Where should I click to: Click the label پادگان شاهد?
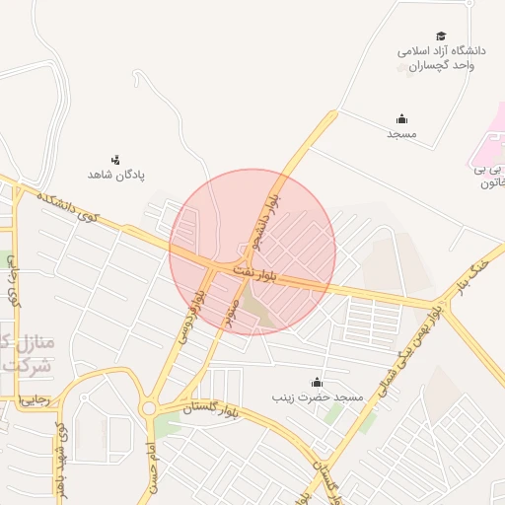[x=117, y=175]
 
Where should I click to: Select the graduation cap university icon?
[x=441, y=36]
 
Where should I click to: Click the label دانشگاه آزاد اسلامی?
[x=443, y=50]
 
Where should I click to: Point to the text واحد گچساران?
[x=444, y=65]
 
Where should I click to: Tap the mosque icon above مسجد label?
[x=401, y=119]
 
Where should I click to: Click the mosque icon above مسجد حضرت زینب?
[x=317, y=383]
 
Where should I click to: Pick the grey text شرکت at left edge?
[x=22, y=366]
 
